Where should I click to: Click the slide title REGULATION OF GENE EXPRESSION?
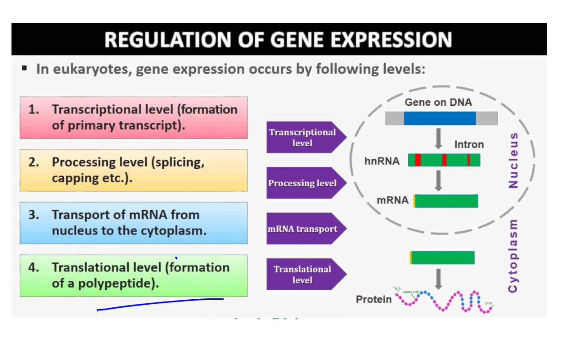278,40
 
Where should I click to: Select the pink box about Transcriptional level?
134,117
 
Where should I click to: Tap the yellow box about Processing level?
134,170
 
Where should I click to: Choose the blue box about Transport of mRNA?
134,223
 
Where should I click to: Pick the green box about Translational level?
134,275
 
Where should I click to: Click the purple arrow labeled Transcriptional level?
304,137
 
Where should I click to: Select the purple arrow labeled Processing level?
304,183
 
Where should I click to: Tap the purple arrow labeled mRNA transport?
304,229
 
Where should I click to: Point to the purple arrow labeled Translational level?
304,274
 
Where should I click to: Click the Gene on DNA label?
438,103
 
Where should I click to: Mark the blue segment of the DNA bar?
440,118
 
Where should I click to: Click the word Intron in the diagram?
469,144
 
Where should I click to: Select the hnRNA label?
382,161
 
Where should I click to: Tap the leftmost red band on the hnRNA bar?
418,160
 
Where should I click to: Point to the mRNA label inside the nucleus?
393,200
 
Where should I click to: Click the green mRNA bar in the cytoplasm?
442,258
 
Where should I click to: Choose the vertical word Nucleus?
513,160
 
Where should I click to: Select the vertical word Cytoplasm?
513,256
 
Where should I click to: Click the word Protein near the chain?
373,299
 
